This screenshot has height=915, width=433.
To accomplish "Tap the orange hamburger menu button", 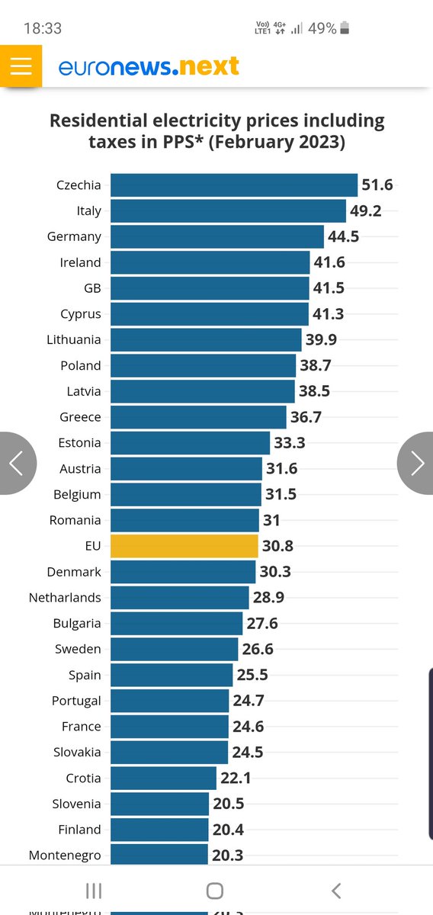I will click(x=21, y=66).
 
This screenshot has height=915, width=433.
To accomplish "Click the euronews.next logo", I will click(x=149, y=67).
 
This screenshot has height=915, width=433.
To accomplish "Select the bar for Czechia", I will click(x=234, y=185).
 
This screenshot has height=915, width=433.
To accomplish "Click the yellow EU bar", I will click(x=184, y=546).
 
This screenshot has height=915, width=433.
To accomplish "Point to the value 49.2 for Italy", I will click(x=366, y=211).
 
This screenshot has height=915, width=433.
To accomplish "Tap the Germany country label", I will click(x=74, y=236).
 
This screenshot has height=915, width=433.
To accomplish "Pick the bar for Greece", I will click(x=198, y=417).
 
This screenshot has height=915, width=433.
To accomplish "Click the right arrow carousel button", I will click(x=416, y=463).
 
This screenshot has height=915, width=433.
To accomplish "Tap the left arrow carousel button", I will click(x=17, y=463).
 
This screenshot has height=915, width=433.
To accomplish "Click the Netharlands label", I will click(x=65, y=597).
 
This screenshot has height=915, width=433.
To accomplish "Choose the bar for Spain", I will click(x=172, y=675).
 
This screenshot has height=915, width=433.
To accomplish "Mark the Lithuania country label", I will click(x=74, y=339).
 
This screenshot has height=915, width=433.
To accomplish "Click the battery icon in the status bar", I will click(x=345, y=28).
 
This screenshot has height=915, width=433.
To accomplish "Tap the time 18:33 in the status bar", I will click(x=43, y=28).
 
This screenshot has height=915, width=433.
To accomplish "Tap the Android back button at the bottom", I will click(x=336, y=891).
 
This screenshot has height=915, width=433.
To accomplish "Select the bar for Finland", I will click(x=159, y=830).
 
